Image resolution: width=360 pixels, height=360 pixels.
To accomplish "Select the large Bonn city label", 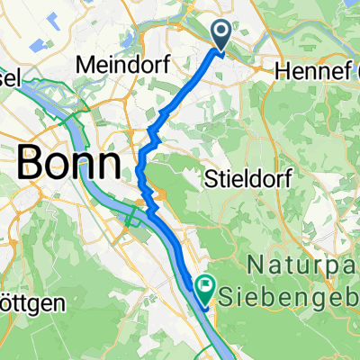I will pos(68,164).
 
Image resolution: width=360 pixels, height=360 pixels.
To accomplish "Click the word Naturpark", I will pos(302,266).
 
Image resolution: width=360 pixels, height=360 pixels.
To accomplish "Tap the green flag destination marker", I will pos(205,291).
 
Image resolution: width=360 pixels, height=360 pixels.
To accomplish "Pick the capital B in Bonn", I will pos(30,164).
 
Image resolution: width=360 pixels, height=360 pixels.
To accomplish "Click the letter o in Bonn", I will pos(58,166).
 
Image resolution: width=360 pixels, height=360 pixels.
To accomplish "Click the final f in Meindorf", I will pos(156,66).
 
